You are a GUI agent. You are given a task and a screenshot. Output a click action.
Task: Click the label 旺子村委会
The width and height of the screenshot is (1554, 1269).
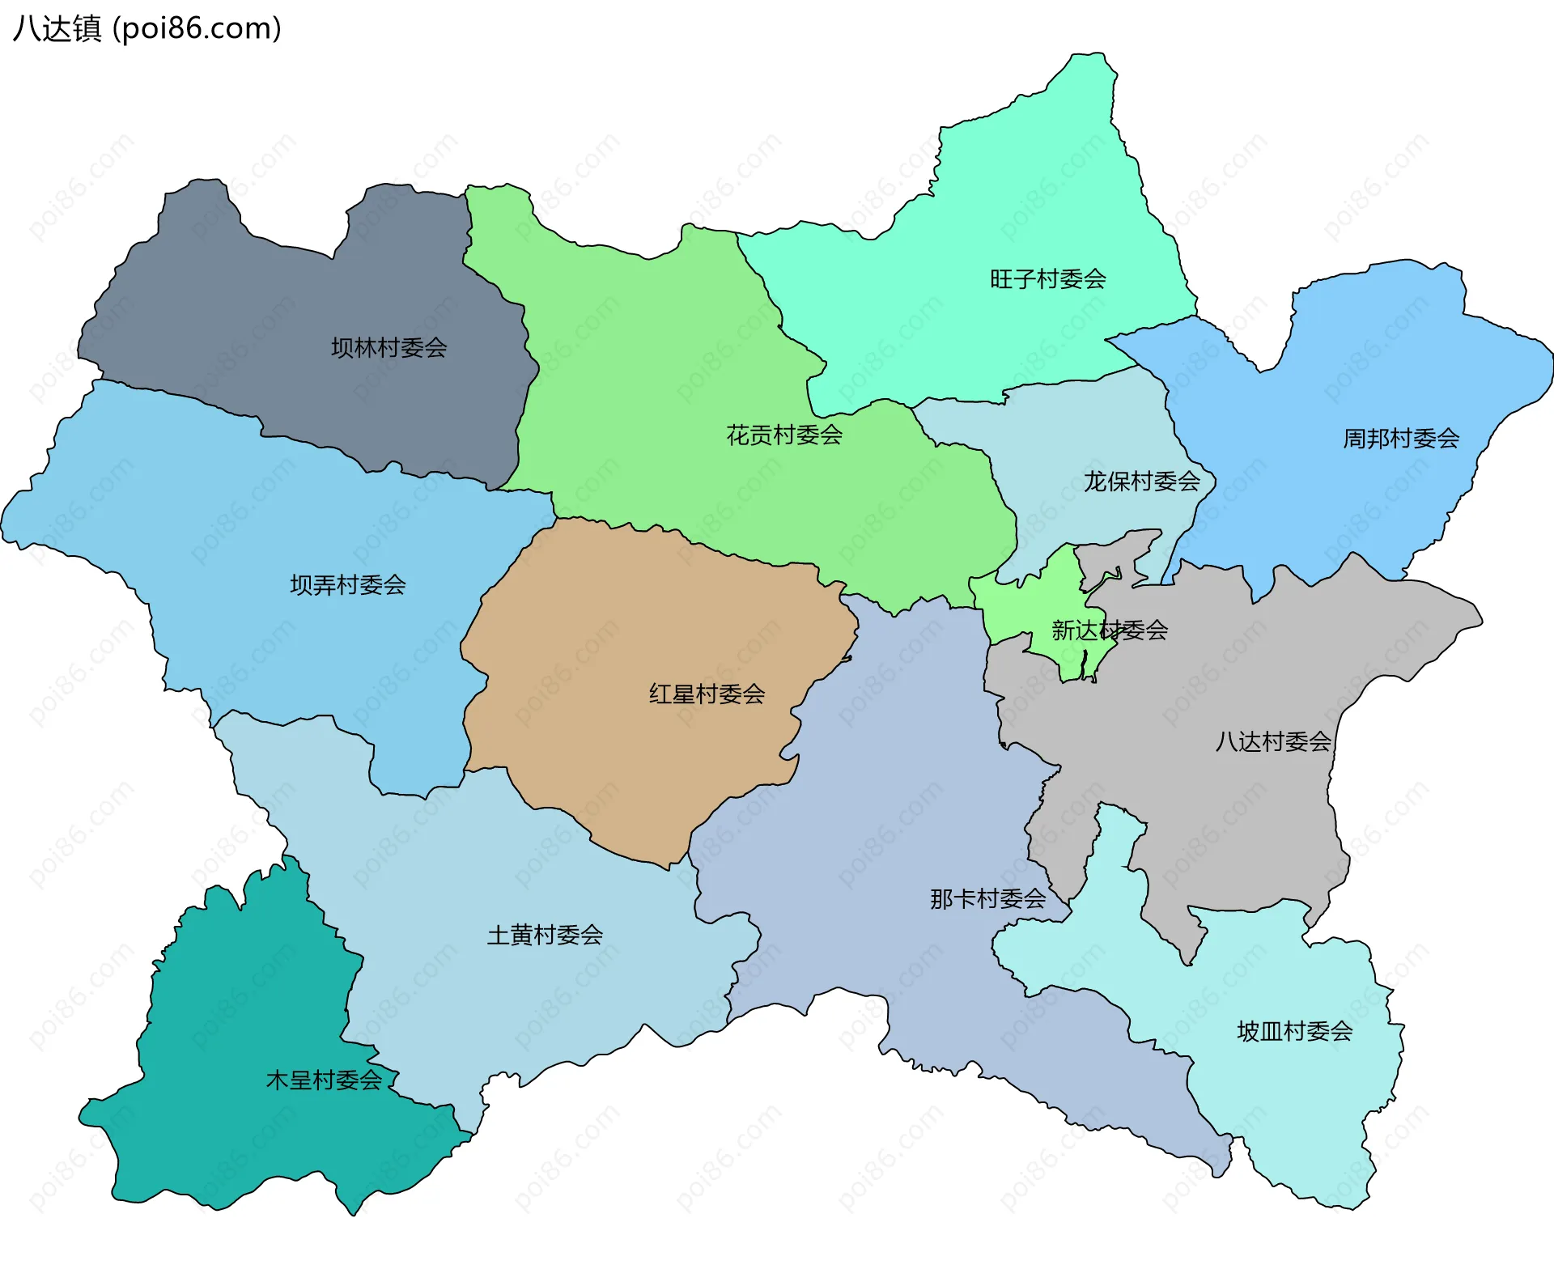1047,280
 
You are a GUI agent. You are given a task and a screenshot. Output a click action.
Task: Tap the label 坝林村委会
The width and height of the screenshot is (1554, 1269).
388,349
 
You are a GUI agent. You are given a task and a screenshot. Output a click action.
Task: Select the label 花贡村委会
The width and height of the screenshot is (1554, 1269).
784,436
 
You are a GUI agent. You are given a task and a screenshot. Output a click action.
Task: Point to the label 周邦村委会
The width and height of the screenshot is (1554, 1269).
1401,439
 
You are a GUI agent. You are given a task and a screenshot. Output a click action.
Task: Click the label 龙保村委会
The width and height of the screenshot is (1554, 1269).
1141,482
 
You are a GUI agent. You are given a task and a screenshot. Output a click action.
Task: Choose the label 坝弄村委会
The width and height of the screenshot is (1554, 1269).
348,586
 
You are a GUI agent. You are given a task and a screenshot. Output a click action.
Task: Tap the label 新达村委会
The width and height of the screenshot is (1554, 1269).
1109,630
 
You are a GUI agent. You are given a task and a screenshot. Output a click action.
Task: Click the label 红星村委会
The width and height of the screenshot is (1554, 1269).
707,694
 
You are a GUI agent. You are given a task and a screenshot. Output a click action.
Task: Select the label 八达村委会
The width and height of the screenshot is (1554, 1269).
1272,742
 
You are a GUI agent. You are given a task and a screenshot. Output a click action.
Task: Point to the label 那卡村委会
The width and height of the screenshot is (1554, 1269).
987,899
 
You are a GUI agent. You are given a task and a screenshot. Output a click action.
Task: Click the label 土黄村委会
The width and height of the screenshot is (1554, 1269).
545,936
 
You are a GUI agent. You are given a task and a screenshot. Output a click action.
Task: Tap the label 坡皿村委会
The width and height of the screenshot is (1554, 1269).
1294,1032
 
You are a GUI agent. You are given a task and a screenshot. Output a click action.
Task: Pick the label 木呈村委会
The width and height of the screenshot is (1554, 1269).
324,1080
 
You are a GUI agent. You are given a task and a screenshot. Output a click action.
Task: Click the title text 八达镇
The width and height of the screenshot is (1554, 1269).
57,29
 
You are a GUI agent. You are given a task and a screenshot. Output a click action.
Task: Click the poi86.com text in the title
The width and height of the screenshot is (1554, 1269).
197,29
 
